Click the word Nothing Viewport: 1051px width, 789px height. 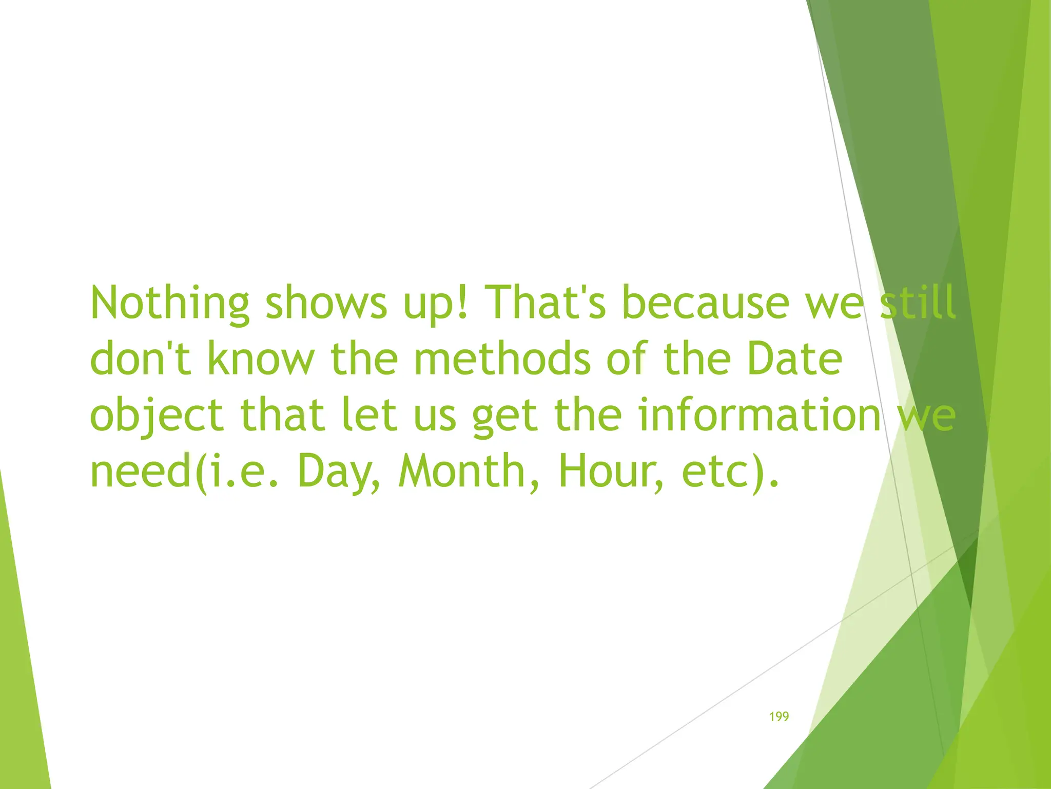(170, 303)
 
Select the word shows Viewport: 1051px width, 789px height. (326, 303)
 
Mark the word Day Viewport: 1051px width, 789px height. (339, 472)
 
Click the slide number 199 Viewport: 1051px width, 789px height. (779, 717)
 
